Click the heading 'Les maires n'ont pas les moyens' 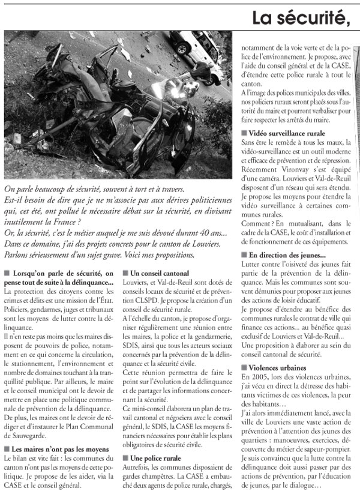tap(61, 449)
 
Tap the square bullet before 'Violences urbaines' tap(244, 367)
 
